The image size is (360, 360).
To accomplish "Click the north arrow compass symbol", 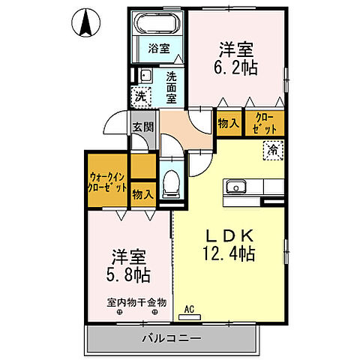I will click(x=86, y=22).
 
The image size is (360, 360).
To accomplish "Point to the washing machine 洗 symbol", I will click(x=139, y=97).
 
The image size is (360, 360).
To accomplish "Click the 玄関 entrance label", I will click(x=142, y=127).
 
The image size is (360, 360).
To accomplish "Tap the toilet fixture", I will click(x=171, y=180).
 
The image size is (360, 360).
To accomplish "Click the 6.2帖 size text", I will click(x=238, y=68).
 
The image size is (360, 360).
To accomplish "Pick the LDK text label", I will click(x=229, y=234).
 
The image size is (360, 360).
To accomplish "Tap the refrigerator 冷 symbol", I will click(x=274, y=151).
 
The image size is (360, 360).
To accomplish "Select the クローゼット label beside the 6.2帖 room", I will click(x=265, y=123).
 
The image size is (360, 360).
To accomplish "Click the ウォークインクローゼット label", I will click(x=106, y=181).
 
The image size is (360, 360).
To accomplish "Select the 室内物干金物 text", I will click(x=136, y=303).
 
